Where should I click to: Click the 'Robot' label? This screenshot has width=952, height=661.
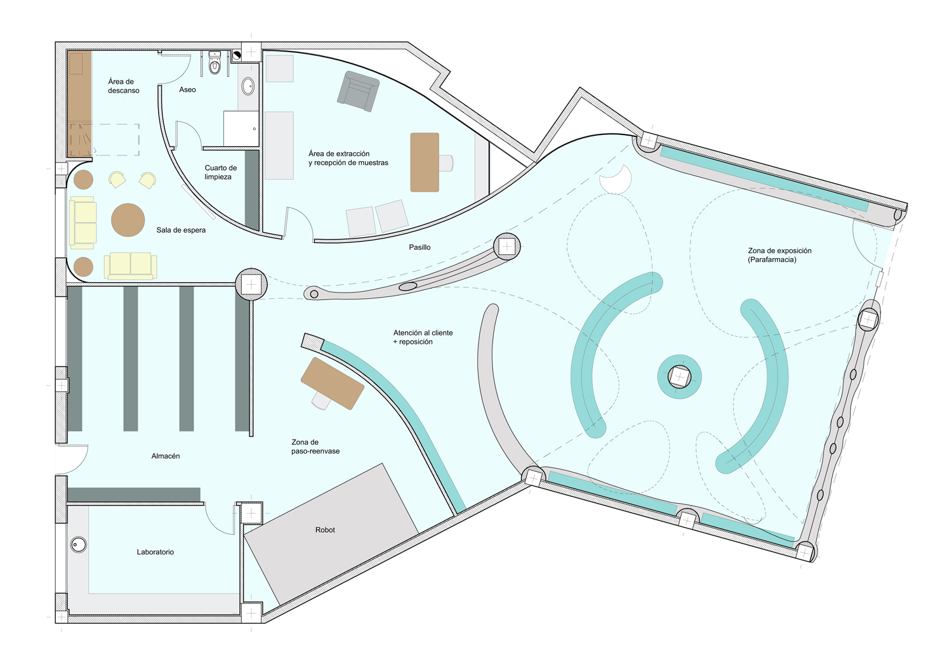point(325,530)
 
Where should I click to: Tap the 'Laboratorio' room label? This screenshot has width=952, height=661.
point(155,552)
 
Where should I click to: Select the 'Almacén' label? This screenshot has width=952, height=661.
point(166,456)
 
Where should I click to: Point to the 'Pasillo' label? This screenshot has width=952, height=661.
point(420,247)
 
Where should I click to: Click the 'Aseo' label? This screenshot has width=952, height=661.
point(187,90)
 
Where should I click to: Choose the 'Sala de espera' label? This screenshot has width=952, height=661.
point(181,230)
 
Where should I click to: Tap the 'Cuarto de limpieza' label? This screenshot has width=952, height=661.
point(220,173)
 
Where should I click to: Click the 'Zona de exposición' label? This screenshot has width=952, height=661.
point(779,255)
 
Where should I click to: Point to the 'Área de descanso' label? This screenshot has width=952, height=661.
point(123,86)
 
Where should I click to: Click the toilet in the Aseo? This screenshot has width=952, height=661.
point(215,65)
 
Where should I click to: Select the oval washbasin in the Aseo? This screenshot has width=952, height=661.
point(248,86)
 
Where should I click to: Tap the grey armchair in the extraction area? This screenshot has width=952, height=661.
point(358,91)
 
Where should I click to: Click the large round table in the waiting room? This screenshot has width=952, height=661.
point(128,220)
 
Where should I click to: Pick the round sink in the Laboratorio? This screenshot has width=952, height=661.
point(79,544)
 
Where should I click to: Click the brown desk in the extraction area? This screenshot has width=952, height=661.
point(425,162)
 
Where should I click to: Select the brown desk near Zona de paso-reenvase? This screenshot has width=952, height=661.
point(332,383)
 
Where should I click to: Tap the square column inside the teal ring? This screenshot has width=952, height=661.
point(679,377)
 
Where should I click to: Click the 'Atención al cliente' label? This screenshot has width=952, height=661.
point(423,337)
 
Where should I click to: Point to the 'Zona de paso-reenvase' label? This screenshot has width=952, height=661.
point(315,447)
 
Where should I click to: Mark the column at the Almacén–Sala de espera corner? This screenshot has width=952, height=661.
point(251,284)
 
